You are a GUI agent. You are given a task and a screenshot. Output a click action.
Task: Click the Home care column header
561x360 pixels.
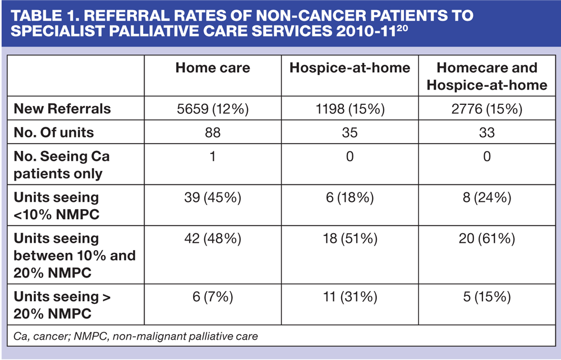(x=213, y=68)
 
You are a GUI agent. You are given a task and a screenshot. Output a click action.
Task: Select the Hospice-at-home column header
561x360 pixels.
(x=350, y=68)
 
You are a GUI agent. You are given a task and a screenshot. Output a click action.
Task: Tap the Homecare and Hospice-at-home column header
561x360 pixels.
(x=487, y=76)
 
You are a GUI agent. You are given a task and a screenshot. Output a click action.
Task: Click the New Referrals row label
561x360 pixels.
(x=62, y=109)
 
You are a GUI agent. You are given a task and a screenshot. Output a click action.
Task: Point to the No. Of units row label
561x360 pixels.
(x=54, y=133)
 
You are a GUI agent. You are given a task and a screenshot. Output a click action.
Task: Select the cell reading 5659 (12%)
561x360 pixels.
(x=213, y=109)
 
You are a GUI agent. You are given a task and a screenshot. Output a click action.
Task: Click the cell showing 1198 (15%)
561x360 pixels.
(x=350, y=109)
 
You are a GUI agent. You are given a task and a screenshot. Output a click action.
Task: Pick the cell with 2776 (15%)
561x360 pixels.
(x=486, y=109)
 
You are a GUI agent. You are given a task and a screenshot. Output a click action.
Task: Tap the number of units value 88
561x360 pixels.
(x=213, y=133)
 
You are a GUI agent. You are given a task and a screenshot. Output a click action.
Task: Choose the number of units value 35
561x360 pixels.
(x=350, y=133)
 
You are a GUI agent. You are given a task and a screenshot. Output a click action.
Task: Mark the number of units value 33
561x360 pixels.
(x=486, y=133)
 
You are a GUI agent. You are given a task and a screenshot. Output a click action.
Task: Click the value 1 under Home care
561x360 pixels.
(x=213, y=156)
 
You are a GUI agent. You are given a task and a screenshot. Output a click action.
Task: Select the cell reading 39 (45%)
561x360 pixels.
(x=213, y=198)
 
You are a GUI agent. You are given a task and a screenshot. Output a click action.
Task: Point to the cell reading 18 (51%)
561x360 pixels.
(x=350, y=239)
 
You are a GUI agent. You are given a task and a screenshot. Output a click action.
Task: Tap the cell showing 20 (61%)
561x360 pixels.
(x=486, y=239)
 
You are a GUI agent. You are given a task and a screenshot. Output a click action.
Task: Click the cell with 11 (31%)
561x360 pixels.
(x=350, y=297)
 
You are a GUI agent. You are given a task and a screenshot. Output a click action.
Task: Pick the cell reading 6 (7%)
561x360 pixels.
(x=213, y=297)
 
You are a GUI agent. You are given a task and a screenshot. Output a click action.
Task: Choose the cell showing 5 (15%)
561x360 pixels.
(x=486, y=297)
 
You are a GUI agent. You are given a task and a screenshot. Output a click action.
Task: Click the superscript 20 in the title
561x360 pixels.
(x=402, y=27)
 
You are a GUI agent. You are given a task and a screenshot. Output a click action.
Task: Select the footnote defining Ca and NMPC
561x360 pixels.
(x=136, y=336)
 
